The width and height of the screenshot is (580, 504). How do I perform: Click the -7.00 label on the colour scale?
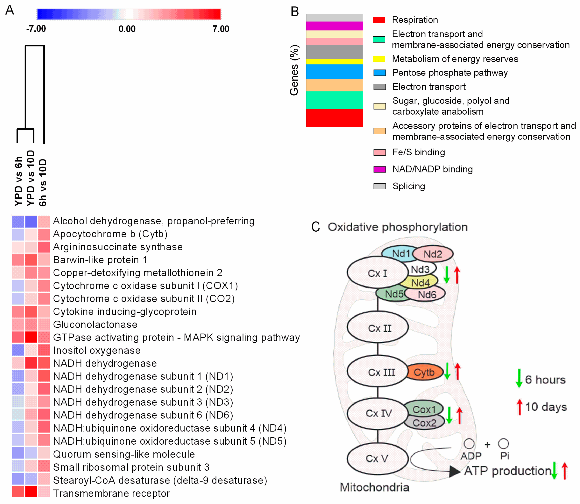pyautogui.click(x=36, y=29)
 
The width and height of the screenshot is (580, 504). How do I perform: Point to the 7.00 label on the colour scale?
pyautogui.click(x=221, y=29)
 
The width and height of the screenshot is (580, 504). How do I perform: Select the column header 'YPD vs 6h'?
pyautogui.click(x=18, y=181)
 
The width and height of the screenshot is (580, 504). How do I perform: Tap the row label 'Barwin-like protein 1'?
pyautogui.click(x=100, y=260)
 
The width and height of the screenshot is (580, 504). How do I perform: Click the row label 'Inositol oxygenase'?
pyautogui.click(x=97, y=350)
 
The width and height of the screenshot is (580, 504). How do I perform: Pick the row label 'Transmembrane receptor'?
pyautogui.click(x=111, y=493)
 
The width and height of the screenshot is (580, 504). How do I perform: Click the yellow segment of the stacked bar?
pyautogui.click(x=334, y=62)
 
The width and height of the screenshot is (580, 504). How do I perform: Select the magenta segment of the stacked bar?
pyautogui.click(x=334, y=26)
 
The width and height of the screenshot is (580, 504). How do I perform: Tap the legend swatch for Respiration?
pyautogui.click(x=379, y=20)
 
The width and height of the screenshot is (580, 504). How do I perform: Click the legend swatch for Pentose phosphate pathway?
pyautogui.click(x=379, y=73)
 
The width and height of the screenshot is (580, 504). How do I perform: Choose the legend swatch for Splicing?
pyautogui.click(x=379, y=186)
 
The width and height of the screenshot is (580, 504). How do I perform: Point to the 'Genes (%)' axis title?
pyautogui.click(x=294, y=70)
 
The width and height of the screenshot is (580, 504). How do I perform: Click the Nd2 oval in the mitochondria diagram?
pyautogui.click(x=433, y=254)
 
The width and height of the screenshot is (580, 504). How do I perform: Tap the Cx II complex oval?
pyautogui.click(x=377, y=328)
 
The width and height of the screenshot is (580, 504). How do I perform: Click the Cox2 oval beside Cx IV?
pyautogui.click(x=424, y=423)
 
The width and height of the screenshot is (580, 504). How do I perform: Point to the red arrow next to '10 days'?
pyautogui.click(x=519, y=407)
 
